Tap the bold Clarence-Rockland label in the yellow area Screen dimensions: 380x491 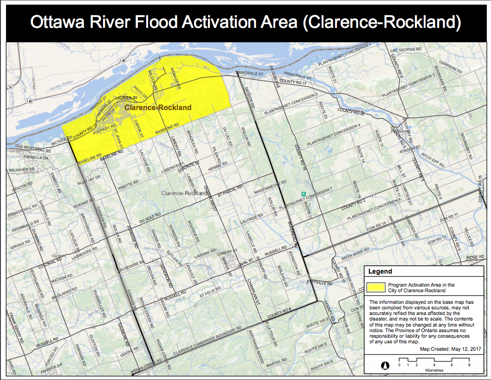click(158, 108)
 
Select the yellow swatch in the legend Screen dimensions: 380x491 click(375, 287)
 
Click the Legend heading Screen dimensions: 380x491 click(380, 271)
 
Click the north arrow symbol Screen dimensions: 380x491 click(384, 365)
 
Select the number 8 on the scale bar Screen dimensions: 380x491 click(469, 365)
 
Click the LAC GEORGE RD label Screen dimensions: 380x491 click(406, 49)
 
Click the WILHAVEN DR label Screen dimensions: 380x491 click(22, 170)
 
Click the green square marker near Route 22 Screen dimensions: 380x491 click(304, 193)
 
